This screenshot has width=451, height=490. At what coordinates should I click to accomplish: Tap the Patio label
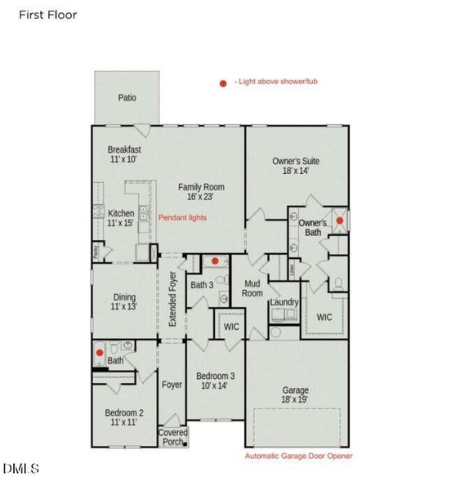pos(127,98)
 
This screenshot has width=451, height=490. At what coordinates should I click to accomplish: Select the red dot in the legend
pos(222,82)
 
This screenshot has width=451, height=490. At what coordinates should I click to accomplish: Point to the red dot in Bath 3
pos(215,261)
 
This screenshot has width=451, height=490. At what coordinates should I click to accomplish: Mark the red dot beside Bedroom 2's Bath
pos(100,353)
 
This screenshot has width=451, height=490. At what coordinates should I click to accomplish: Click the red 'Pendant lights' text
pos(181,218)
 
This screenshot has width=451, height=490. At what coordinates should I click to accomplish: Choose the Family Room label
pos(202,192)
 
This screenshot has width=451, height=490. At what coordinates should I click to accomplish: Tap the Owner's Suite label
pos(296,166)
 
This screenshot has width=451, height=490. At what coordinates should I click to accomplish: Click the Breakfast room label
pos(124,154)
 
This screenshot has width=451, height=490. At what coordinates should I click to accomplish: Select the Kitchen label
pos(121,217)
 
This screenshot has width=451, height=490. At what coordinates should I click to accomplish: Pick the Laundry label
pos(284,302)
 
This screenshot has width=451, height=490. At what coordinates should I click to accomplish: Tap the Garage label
pos(296,394)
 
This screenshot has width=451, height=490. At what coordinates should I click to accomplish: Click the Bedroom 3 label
pos(216,381)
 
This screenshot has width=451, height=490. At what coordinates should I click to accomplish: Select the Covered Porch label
pos(173,437)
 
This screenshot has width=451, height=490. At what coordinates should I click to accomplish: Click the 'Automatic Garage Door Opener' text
pos(299,456)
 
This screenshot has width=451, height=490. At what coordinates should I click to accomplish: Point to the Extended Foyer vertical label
pos(172,300)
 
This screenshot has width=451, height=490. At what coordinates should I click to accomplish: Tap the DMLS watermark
pos(21,468)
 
